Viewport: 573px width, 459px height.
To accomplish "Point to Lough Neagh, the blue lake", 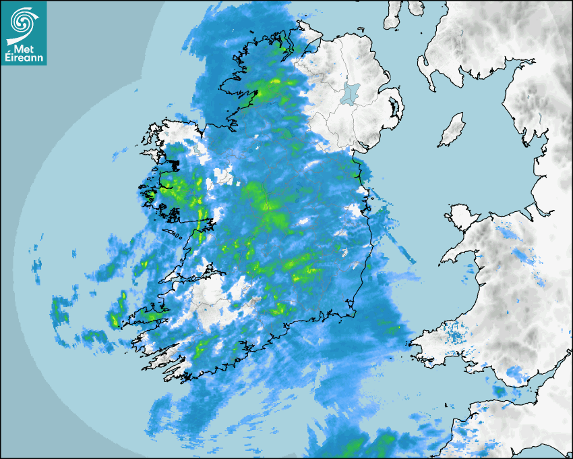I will click(349, 92).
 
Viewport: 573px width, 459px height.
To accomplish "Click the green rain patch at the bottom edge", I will click(367, 446).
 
